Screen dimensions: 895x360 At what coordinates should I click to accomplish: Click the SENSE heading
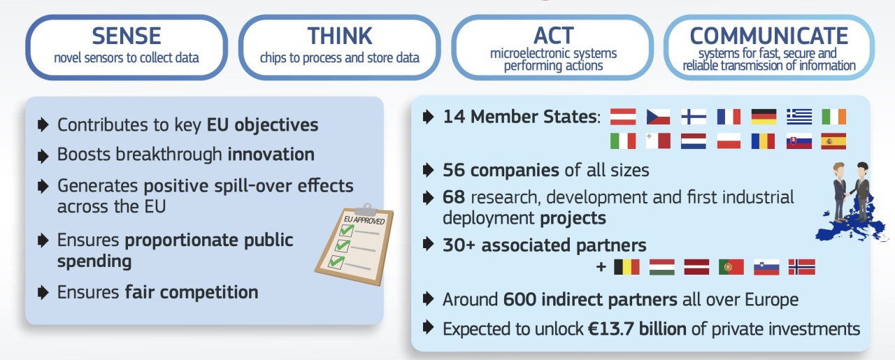(127, 36)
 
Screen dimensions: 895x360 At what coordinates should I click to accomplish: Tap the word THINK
(340, 36)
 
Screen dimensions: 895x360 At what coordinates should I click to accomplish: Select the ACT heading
(553, 36)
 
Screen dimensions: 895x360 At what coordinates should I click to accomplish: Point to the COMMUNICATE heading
(768, 36)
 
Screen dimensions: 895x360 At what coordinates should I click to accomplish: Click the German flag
(764, 117)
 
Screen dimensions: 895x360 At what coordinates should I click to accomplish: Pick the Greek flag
(799, 117)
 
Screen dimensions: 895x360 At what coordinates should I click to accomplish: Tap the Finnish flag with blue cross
(694, 117)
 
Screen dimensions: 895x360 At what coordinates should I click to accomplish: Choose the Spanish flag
(833, 141)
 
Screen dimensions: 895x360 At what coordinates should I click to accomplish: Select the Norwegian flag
(802, 267)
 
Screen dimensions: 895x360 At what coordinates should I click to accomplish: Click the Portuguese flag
(731, 267)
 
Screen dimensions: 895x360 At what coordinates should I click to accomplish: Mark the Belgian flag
(626, 267)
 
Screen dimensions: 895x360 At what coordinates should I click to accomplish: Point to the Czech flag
(658, 117)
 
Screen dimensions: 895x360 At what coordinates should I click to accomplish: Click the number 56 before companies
(454, 170)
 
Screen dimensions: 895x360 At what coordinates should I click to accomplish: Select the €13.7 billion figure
(637, 329)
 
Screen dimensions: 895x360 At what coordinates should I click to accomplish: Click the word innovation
(271, 154)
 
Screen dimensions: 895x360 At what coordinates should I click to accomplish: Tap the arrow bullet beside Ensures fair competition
(43, 292)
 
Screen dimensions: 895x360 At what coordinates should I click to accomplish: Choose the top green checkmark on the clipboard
(346, 230)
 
